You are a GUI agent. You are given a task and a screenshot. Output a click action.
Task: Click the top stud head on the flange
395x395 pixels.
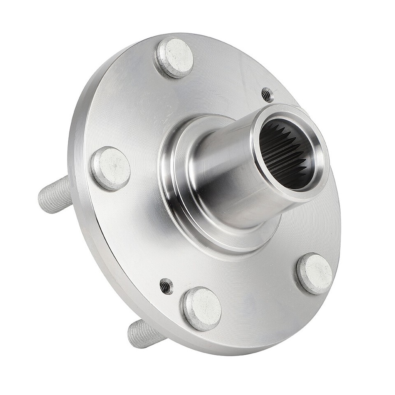pyautogui.click(x=175, y=58)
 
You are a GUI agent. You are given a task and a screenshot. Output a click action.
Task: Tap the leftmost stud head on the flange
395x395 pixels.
pyautogui.click(x=111, y=168)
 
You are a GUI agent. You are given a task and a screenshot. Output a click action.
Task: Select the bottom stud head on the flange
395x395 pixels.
pyautogui.click(x=202, y=308)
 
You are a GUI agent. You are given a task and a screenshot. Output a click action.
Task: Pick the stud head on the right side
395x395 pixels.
pyautogui.click(x=315, y=274)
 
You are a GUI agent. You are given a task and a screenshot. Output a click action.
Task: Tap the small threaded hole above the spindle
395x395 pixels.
pyautogui.click(x=267, y=95)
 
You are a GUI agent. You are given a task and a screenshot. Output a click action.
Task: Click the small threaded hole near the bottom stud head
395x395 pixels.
pyautogui.click(x=166, y=286)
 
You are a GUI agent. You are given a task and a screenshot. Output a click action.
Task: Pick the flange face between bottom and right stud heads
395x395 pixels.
pyautogui.click(x=263, y=296)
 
